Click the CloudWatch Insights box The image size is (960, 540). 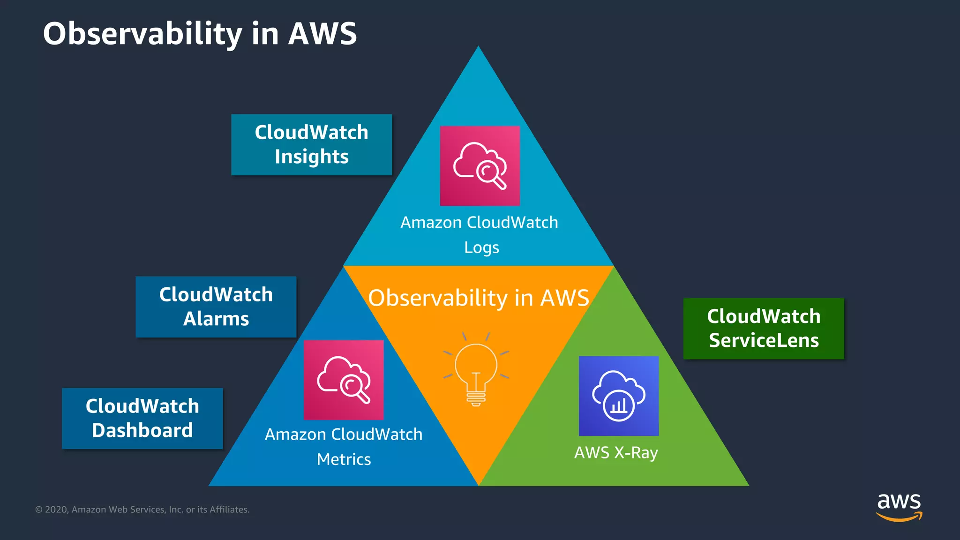click(x=311, y=144)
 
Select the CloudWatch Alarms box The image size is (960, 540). click(x=216, y=307)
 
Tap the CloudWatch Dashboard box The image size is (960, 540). click(x=142, y=418)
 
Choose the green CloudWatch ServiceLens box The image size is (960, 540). click(x=763, y=328)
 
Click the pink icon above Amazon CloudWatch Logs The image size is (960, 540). click(x=480, y=165)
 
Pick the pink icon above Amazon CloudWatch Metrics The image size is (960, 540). click(x=343, y=380)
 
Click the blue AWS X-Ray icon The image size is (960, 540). click(x=618, y=396)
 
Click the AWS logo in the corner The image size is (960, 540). click(x=899, y=506)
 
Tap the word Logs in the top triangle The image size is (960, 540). click(x=481, y=247)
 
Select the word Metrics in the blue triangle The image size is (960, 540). click(x=344, y=459)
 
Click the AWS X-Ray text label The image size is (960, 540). click(x=616, y=453)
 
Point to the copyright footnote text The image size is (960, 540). click(x=142, y=510)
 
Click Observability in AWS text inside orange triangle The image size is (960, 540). click(x=478, y=298)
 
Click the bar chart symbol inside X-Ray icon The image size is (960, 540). click(x=618, y=406)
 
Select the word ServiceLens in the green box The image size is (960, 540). click(x=763, y=340)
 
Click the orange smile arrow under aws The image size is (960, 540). click(x=899, y=517)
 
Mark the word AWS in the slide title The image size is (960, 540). click(x=322, y=34)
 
